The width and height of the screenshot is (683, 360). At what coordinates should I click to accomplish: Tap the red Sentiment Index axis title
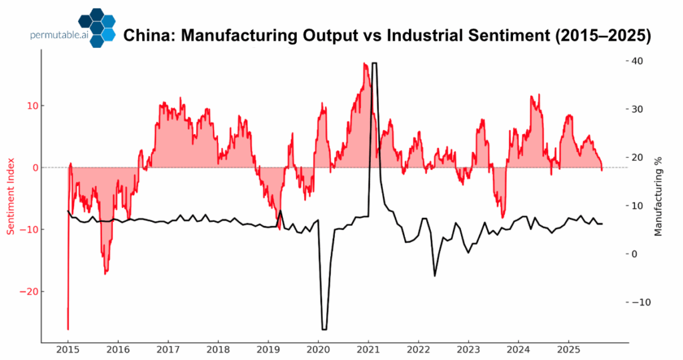[11, 197]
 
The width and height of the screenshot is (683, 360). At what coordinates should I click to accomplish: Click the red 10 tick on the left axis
[31, 105]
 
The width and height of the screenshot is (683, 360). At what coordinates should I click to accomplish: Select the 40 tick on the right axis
[637, 61]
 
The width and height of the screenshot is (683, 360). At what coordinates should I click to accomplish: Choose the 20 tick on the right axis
[637, 157]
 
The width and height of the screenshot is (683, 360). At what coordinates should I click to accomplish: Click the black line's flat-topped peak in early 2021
[374, 63]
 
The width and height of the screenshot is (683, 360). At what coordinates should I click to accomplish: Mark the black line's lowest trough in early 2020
[324, 329]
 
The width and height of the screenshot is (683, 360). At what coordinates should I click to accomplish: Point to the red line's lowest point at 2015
[68, 329]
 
